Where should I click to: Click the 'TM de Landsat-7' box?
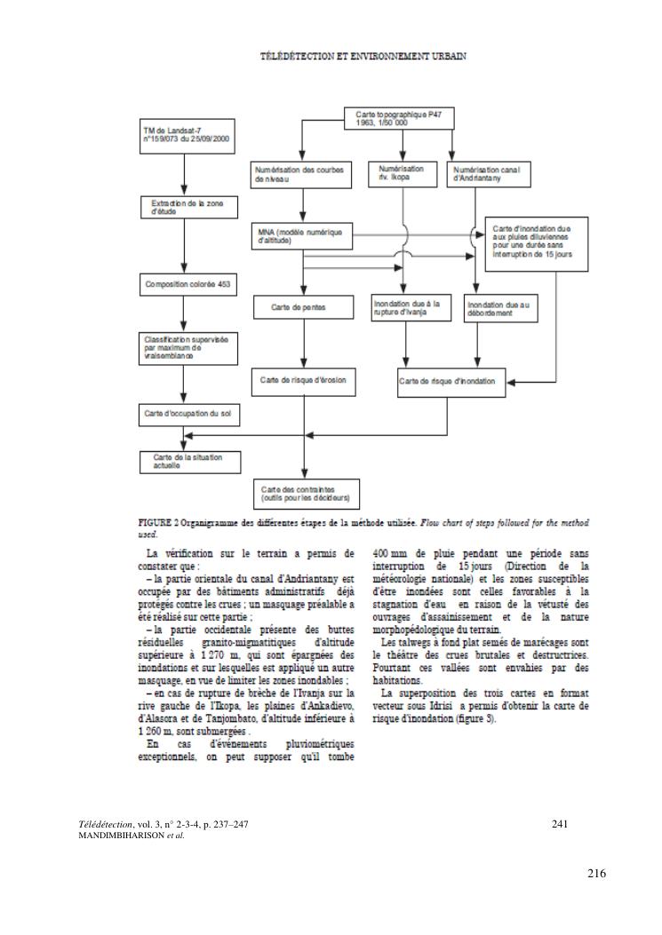point(184,134)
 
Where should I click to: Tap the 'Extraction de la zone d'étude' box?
point(183,207)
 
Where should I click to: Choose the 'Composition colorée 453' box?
point(183,285)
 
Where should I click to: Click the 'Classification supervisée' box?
point(183,345)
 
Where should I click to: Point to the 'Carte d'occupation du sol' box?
point(184,413)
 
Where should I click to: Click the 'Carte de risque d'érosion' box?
point(303,381)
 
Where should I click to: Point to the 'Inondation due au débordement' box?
point(501,307)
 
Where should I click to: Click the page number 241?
point(559,825)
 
